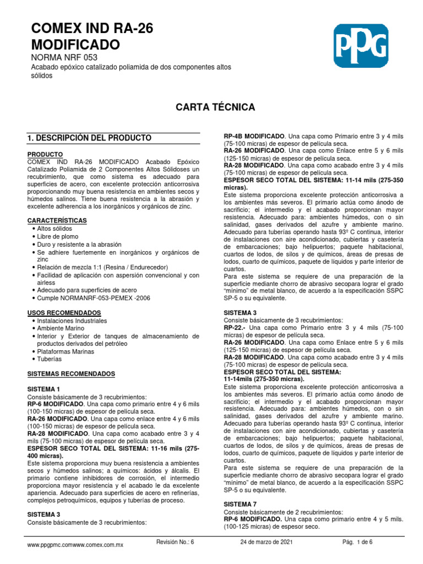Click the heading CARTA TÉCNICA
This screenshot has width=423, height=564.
(214, 106)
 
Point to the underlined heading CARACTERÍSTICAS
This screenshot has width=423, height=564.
(57, 220)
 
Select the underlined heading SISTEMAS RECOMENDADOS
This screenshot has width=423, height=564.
(71, 374)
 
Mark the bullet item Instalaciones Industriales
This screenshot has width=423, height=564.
(72, 321)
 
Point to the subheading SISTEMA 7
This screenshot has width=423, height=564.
(238, 504)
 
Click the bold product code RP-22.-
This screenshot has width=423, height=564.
(235, 328)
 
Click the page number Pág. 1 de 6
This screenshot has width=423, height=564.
(357, 542)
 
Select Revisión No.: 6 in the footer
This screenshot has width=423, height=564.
(175, 542)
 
